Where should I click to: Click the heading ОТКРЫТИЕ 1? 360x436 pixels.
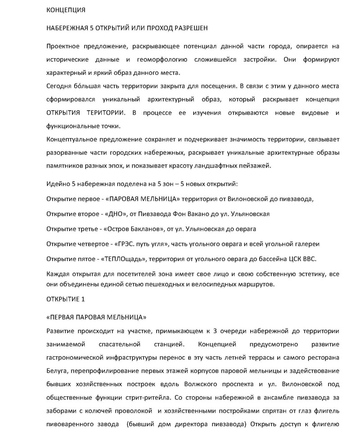click(x=65, y=299)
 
